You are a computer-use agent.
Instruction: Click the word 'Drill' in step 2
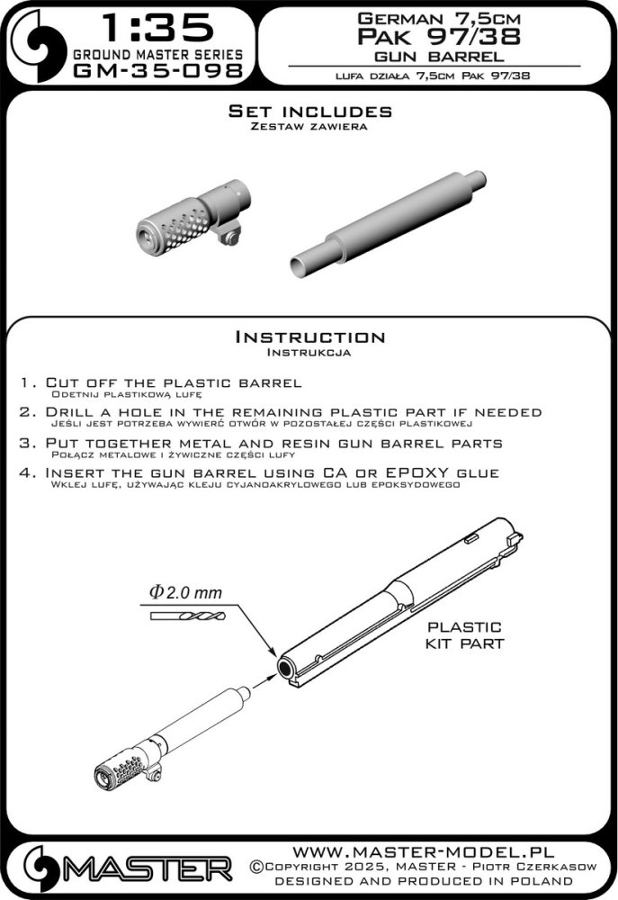tap(73, 412)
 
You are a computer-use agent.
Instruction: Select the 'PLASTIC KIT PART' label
tap(464, 635)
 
